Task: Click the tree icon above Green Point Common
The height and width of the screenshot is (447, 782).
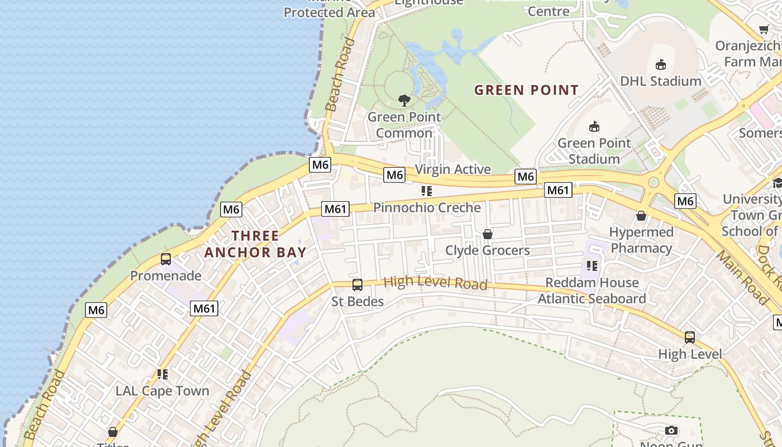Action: pyautogui.click(x=404, y=101)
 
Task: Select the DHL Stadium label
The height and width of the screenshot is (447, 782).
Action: pyautogui.click(x=661, y=81)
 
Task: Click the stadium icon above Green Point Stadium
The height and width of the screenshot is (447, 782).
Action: pyautogui.click(x=594, y=126)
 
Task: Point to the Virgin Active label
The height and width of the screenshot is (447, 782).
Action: pyautogui.click(x=453, y=169)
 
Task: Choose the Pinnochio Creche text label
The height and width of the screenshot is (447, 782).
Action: pyautogui.click(x=427, y=207)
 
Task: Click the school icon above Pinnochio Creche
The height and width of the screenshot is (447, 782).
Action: pyautogui.click(x=427, y=191)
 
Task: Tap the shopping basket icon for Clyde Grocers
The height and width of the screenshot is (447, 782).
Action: pyautogui.click(x=488, y=234)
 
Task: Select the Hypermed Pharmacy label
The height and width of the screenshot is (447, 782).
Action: pyautogui.click(x=641, y=240)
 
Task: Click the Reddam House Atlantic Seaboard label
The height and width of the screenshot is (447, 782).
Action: pyautogui.click(x=592, y=291)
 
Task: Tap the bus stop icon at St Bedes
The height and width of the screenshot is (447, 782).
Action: pyautogui.click(x=357, y=285)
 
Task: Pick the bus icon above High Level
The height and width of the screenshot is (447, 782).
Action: pyautogui.click(x=690, y=337)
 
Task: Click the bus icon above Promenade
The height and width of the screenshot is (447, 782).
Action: pyautogui.click(x=166, y=259)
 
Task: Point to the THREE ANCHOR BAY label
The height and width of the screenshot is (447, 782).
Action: pyautogui.click(x=255, y=244)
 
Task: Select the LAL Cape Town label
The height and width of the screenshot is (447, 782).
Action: pyautogui.click(x=163, y=391)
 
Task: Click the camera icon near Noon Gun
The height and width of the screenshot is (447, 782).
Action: pyautogui.click(x=671, y=430)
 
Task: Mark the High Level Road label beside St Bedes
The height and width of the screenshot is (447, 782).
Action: pyautogui.click(x=436, y=283)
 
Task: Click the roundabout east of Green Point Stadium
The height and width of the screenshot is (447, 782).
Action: pyautogui.click(x=654, y=183)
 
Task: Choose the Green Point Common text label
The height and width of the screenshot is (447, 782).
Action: pyautogui.click(x=404, y=125)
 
